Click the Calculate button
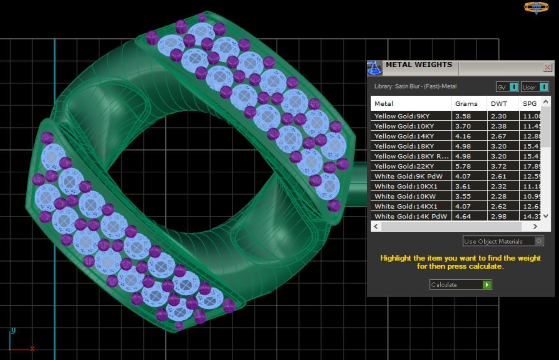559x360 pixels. [460, 285]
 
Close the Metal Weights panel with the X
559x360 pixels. [547, 67]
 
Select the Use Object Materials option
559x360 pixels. [503, 241]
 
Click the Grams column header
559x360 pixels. [466, 104]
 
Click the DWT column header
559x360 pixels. [499, 104]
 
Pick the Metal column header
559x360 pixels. [384, 104]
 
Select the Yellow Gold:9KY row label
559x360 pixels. [402, 116]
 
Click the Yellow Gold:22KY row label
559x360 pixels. [404, 166]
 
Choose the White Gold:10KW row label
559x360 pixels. [405, 196]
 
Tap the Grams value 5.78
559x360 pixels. [463, 166]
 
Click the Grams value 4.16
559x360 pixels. [463, 136]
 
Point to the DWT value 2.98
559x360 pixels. [499, 216]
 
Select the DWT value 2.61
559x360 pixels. [499, 176]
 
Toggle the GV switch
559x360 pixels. [513, 87]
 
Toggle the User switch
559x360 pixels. [543, 87]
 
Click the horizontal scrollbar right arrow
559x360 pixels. [535, 226]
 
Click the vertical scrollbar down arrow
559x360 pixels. [546, 216]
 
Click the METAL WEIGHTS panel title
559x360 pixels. [419, 65]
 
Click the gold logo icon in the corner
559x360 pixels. [536, 7]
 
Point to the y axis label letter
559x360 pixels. [13, 330]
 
